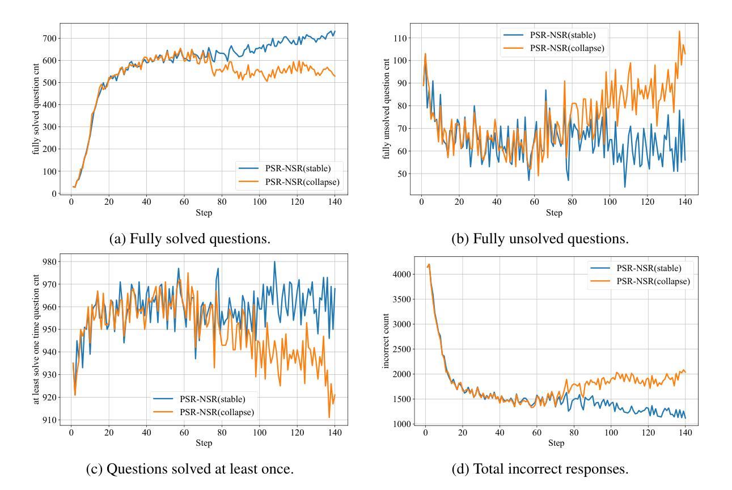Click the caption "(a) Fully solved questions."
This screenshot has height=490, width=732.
189,239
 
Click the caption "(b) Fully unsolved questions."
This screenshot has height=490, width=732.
540,239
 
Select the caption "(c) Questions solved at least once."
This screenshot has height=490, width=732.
189,469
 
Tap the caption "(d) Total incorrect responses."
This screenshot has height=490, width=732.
540,469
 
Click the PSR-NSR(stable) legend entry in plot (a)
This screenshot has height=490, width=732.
297,168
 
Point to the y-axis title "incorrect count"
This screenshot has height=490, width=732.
387,339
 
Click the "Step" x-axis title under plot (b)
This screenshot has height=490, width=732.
554,213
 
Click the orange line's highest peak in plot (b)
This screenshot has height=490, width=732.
679,31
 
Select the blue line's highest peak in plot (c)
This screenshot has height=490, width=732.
274,261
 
